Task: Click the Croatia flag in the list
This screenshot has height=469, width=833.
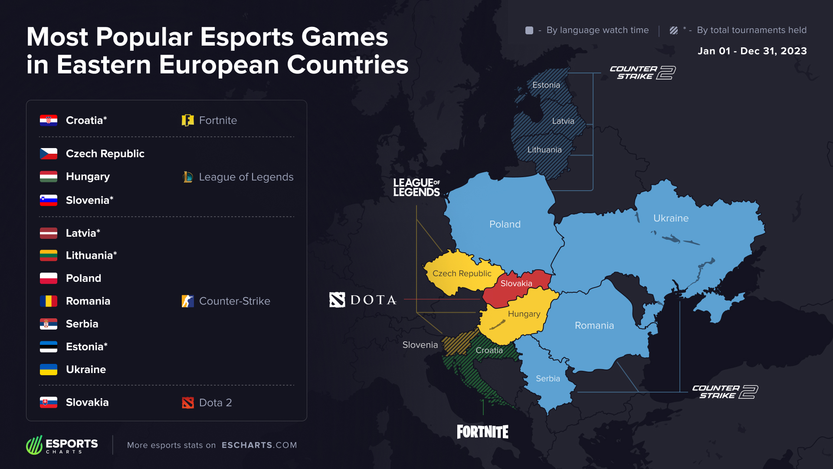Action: tap(49, 120)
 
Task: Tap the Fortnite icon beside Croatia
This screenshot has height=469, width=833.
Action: tap(187, 120)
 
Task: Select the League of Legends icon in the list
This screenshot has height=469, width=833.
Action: tap(187, 177)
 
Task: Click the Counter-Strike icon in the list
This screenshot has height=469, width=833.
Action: tap(187, 301)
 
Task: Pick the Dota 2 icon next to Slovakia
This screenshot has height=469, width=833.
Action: tap(187, 403)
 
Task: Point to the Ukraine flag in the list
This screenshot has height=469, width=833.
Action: tap(49, 370)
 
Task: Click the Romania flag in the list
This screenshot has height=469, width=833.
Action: tap(49, 301)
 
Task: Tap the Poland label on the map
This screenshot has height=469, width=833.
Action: tap(505, 225)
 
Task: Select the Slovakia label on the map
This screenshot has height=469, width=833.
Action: tap(516, 284)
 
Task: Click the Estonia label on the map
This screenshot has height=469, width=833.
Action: tap(546, 85)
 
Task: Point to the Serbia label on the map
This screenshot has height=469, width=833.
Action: tap(548, 379)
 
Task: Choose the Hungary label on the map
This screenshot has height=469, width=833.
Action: tap(524, 314)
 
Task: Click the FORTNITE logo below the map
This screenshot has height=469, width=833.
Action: tap(482, 432)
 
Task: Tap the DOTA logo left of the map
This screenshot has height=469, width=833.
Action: tap(363, 300)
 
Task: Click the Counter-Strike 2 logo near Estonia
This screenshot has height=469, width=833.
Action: tap(643, 73)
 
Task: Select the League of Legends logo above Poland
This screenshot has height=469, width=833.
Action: tap(416, 187)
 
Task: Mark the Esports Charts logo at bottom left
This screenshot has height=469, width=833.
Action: tap(62, 445)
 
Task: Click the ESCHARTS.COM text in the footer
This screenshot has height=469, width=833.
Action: tap(259, 445)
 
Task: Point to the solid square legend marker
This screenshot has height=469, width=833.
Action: tap(529, 30)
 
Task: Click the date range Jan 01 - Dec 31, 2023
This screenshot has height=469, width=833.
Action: tap(752, 51)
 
